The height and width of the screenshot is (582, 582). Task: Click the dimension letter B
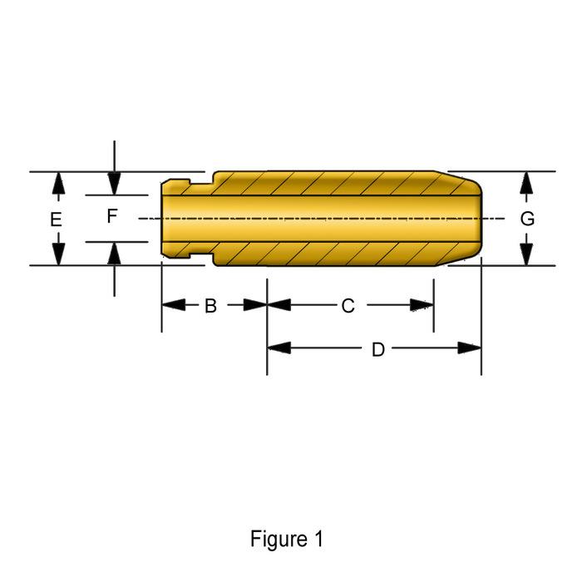(210, 306)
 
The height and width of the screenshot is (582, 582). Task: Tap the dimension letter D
(377, 349)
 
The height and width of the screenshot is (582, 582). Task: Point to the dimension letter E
(56, 220)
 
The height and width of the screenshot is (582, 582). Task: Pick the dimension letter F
(112, 217)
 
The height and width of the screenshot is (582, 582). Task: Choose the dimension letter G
(526, 219)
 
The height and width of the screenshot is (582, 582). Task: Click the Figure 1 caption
(287, 539)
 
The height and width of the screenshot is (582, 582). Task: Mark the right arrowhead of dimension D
(471, 348)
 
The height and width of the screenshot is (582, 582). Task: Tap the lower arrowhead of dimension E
(57, 254)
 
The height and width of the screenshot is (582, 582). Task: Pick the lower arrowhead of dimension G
(526, 254)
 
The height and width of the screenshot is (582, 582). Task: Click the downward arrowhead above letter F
(115, 184)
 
